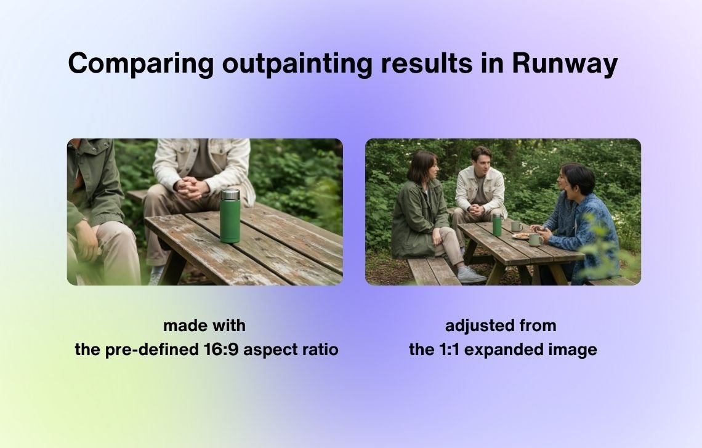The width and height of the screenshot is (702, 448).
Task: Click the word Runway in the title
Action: pyautogui.click(x=565, y=63)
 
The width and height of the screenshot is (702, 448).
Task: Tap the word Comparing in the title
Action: pyautogui.click(x=140, y=63)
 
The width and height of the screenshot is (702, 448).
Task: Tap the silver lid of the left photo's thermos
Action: pyautogui.click(x=230, y=194)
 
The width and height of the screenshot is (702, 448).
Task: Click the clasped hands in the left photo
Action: pyautogui.click(x=191, y=188)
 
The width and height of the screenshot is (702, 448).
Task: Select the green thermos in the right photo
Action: pyautogui.click(x=496, y=225)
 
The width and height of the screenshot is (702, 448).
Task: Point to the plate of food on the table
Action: pyautogui.click(x=521, y=236)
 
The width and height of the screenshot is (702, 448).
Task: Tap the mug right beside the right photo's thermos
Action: pyautogui.click(x=516, y=226)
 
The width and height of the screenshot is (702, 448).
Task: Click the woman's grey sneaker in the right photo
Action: pyautogui.click(x=471, y=275)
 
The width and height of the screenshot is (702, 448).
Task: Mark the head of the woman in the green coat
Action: pyautogui.click(x=422, y=166)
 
